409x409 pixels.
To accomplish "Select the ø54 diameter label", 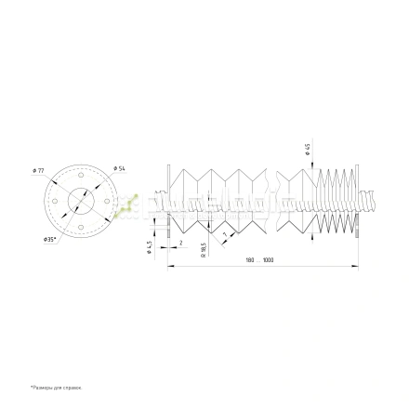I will click(120, 167).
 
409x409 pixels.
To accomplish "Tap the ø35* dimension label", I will click(49, 239).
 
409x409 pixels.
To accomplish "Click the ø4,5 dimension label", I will click(150, 245).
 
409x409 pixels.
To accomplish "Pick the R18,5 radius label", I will click(202, 251).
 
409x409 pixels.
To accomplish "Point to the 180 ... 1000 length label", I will click(264, 261).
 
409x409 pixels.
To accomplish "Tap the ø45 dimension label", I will click(308, 149).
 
